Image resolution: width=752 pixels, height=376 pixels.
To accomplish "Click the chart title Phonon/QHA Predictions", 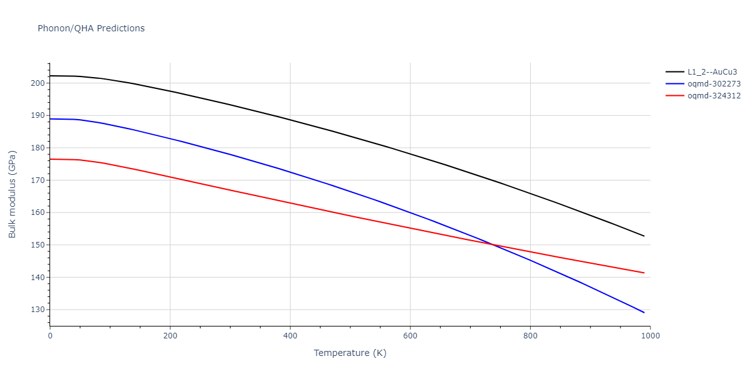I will [91, 28].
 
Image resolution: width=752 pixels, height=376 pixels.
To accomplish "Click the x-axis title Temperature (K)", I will [350, 353].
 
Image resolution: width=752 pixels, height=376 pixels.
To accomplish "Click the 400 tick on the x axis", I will [290, 335].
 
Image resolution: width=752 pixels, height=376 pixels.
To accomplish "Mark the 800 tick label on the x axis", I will [530, 335].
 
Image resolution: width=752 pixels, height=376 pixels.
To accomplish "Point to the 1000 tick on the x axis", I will [650, 335].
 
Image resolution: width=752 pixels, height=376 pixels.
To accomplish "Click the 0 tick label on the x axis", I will [50, 335].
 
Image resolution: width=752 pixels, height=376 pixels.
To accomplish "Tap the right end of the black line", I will [644, 236].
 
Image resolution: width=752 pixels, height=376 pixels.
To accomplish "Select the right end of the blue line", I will [644, 313].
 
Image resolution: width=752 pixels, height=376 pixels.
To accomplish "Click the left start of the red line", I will [50, 159].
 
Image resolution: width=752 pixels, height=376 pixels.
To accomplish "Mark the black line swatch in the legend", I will [674, 72].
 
